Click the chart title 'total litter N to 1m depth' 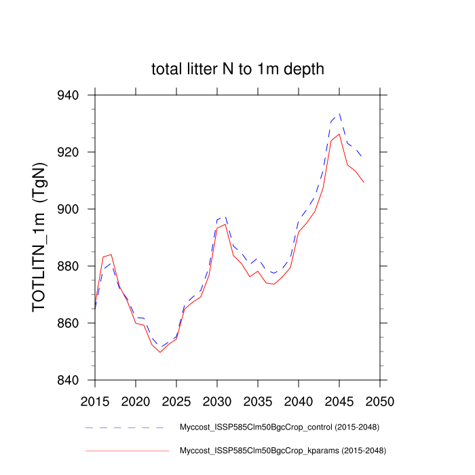click(237, 69)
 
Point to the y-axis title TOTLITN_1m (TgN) click(41, 237)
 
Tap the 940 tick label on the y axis click(73, 95)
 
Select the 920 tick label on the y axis click(73, 152)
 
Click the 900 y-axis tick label click(73, 209)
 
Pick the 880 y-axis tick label click(73, 266)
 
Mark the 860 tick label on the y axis click(73, 323)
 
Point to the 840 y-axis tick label click(73, 380)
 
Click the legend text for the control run click(278, 428)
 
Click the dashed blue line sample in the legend click(126, 428)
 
